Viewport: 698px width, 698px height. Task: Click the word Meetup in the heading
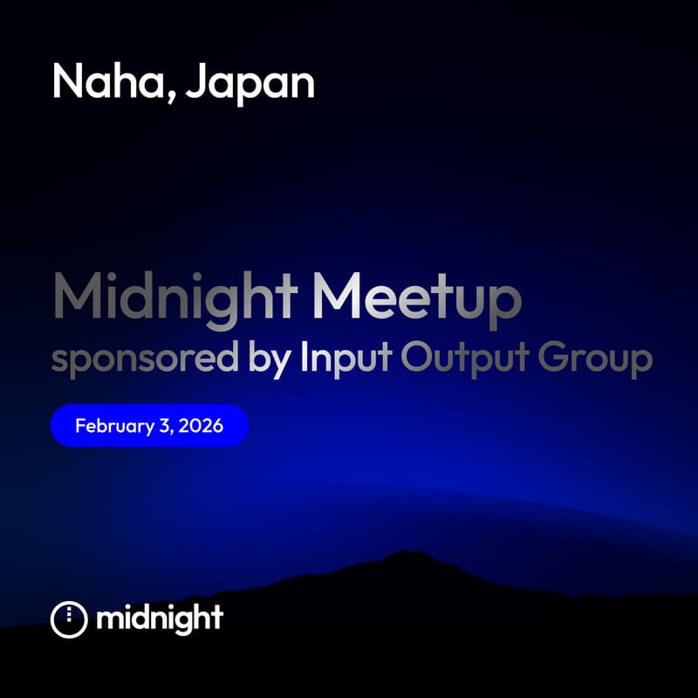417,298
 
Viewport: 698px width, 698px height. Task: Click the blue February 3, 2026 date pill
149,427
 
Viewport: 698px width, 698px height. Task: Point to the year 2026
202,427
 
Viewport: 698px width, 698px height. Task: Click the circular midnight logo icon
69,619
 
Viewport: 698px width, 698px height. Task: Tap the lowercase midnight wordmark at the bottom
160,619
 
